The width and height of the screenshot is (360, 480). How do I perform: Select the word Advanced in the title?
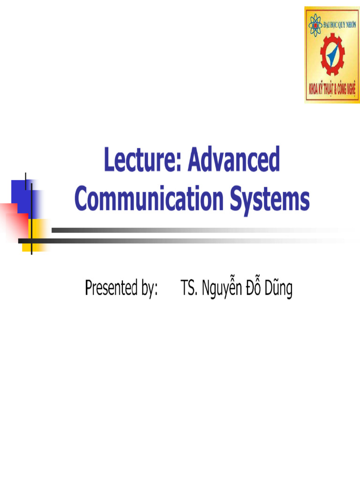(x=234, y=160)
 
